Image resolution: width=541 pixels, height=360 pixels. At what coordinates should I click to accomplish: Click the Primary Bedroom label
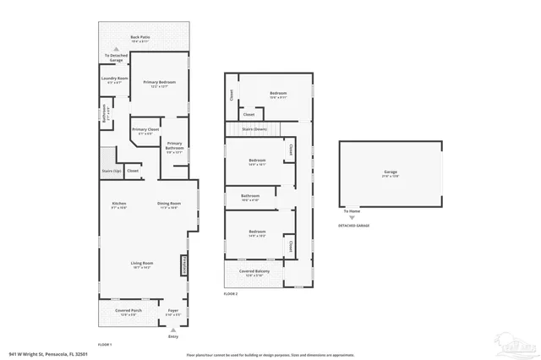click(154, 82)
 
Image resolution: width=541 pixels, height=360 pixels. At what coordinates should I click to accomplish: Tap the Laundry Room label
click(114, 79)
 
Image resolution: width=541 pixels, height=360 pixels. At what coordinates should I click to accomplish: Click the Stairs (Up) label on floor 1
click(111, 170)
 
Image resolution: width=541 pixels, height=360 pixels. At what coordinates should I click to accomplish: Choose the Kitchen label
click(119, 204)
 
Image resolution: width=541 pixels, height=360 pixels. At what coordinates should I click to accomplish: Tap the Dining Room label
click(169, 204)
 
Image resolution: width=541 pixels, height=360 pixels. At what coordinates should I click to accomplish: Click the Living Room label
click(141, 264)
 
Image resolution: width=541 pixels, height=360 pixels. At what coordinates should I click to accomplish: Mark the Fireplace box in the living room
click(185, 266)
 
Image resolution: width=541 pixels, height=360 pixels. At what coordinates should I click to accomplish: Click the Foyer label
click(174, 311)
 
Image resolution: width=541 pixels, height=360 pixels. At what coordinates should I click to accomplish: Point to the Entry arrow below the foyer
click(173, 330)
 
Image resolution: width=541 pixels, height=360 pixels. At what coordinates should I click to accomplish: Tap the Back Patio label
click(140, 38)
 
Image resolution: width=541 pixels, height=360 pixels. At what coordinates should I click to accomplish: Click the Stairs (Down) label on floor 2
click(254, 128)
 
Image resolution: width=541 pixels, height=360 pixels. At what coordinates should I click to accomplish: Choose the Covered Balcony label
click(254, 272)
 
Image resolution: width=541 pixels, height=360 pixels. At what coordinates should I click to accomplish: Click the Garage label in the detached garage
click(390, 172)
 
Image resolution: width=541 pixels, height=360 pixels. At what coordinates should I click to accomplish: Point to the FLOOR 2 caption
click(231, 293)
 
